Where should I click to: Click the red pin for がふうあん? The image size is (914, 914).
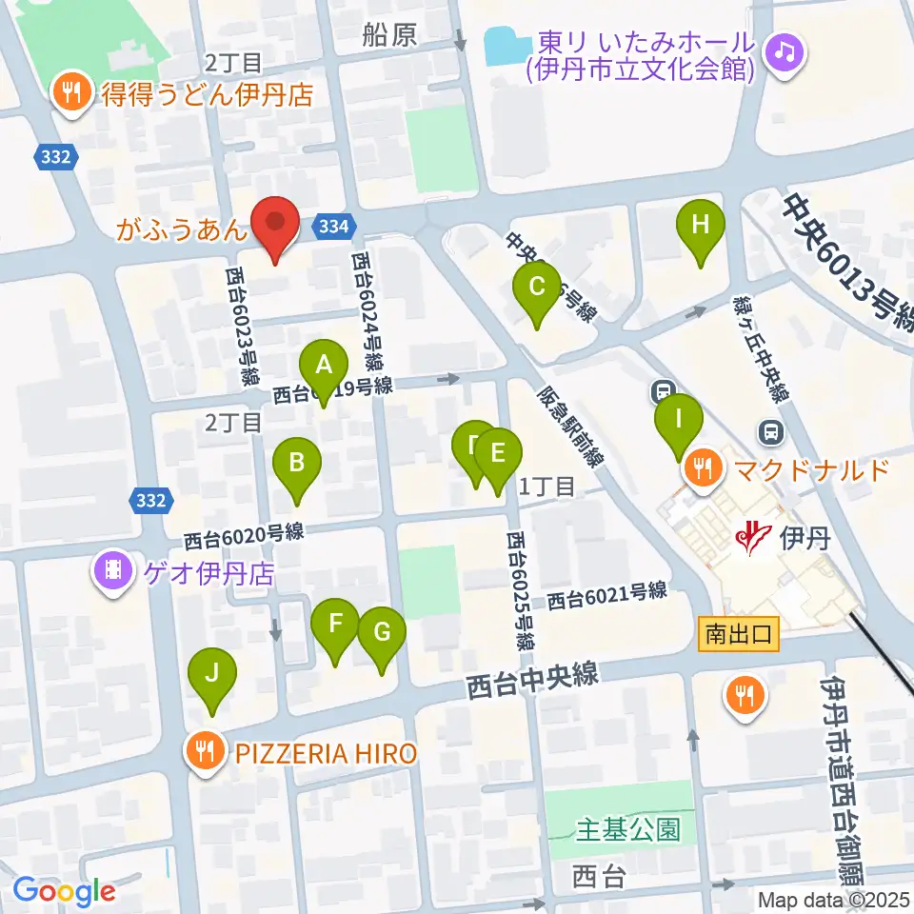[x=275, y=225]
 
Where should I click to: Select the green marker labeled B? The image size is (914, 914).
[x=297, y=464]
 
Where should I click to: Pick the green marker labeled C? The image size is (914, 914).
[x=537, y=287]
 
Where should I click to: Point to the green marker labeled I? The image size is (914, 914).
[x=678, y=420]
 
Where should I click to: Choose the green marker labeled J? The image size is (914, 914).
[x=212, y=674]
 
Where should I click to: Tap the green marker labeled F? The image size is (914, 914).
[x=335, y=625]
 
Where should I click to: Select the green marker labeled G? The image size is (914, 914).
[x=382, y=632]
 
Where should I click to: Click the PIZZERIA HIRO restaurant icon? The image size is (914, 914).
[x=204, y=753]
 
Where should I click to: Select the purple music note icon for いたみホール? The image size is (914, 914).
[x=784, y=49]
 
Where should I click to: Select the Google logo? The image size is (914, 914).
[x=63, y=891]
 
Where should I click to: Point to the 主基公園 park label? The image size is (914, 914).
[x=628, y=829]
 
